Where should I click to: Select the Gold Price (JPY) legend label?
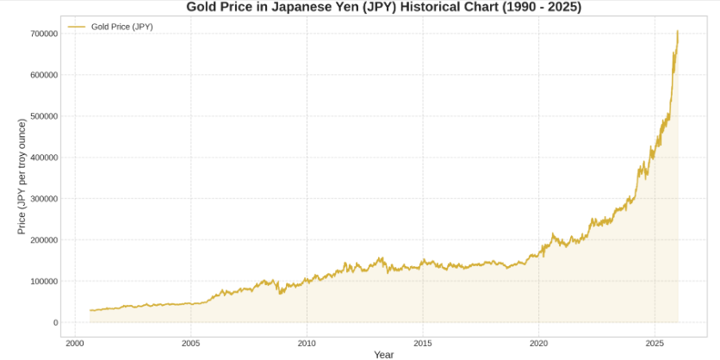point(121,27)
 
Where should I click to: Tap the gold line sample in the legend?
point(77,27)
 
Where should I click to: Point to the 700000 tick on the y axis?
point(43,34)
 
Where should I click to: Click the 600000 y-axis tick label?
point(43,75)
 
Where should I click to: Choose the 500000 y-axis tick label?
point(43,116)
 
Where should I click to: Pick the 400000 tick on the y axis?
point(43,158)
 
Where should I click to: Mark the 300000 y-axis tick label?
point(43,199)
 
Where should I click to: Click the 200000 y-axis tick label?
point(43,240)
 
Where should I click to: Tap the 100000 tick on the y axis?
point(43,282)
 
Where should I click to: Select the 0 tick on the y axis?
point(55,323)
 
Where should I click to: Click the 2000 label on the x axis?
point(75,344)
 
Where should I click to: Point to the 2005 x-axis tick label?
point(190,344)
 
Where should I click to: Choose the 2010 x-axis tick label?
point(307,344)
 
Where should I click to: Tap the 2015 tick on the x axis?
point(423,344)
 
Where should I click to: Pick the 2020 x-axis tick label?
point(538,344)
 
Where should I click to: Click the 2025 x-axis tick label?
point(655,344)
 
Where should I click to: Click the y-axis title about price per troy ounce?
point(22,177)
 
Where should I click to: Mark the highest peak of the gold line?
point(677,31)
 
